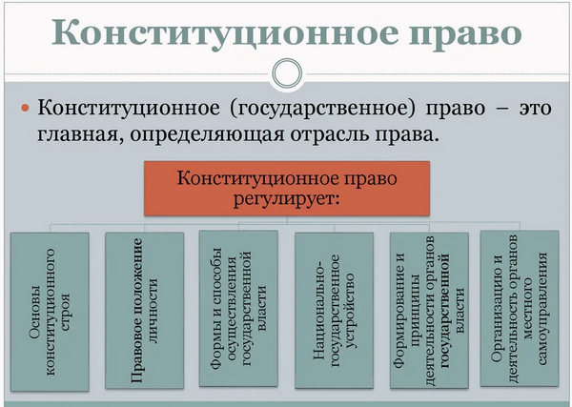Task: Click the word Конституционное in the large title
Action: click(x=225, y=32)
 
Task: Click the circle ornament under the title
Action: click(x=288, y=73)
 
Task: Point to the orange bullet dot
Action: click(x=25, y=108)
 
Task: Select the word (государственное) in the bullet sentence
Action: click(x=322, y=109)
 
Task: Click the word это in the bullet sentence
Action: click(x=536, y=109)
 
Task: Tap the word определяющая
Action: click(x=207, y=135)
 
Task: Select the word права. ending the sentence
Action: click(x=407, y=135)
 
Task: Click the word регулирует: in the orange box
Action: click(x=286, y=199)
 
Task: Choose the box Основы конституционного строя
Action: click(x=50, y=312)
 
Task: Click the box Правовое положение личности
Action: click(x=145, y=310)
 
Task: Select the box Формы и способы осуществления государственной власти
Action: click(x=238, y=308)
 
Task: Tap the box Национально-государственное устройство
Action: click(x=335, y=310)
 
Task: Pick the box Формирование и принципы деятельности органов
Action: click(x=429, y=310)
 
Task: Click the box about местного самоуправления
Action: click(x=520, y=308)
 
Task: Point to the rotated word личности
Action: click(x=153, y=311)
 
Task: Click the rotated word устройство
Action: click(x=350, y=311)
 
